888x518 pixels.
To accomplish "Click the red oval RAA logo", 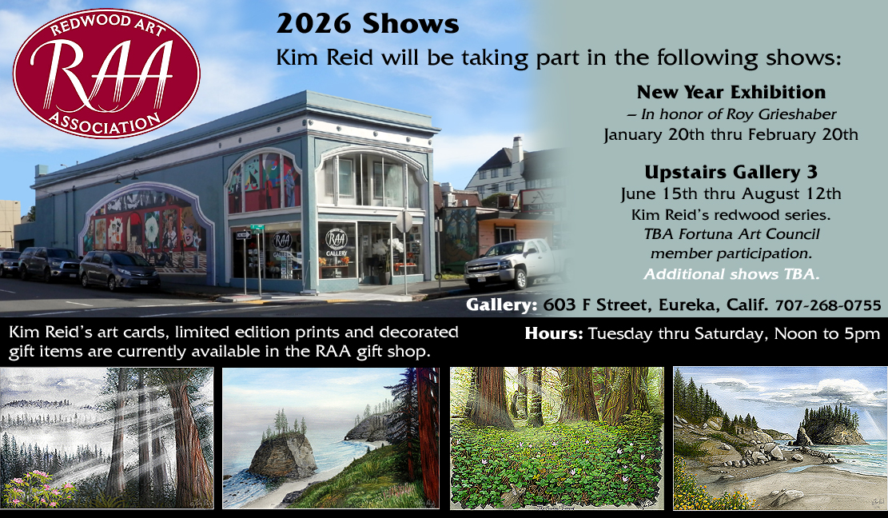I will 106,73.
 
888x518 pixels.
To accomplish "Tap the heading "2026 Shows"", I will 368,24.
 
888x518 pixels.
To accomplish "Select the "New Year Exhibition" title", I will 731,92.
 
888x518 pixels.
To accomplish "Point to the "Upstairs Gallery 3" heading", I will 731,172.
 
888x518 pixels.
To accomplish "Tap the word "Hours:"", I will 554,333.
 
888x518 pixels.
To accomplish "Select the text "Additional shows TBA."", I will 731,273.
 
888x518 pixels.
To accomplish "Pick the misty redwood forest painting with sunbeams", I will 107,438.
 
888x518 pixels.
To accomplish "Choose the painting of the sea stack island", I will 330,438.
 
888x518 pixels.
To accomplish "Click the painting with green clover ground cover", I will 556,438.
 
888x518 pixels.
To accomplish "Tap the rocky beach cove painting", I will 778,438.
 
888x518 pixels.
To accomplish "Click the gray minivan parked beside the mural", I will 118,269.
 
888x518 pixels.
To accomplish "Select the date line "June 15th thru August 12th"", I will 731,194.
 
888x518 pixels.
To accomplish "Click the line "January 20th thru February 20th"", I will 731,134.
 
